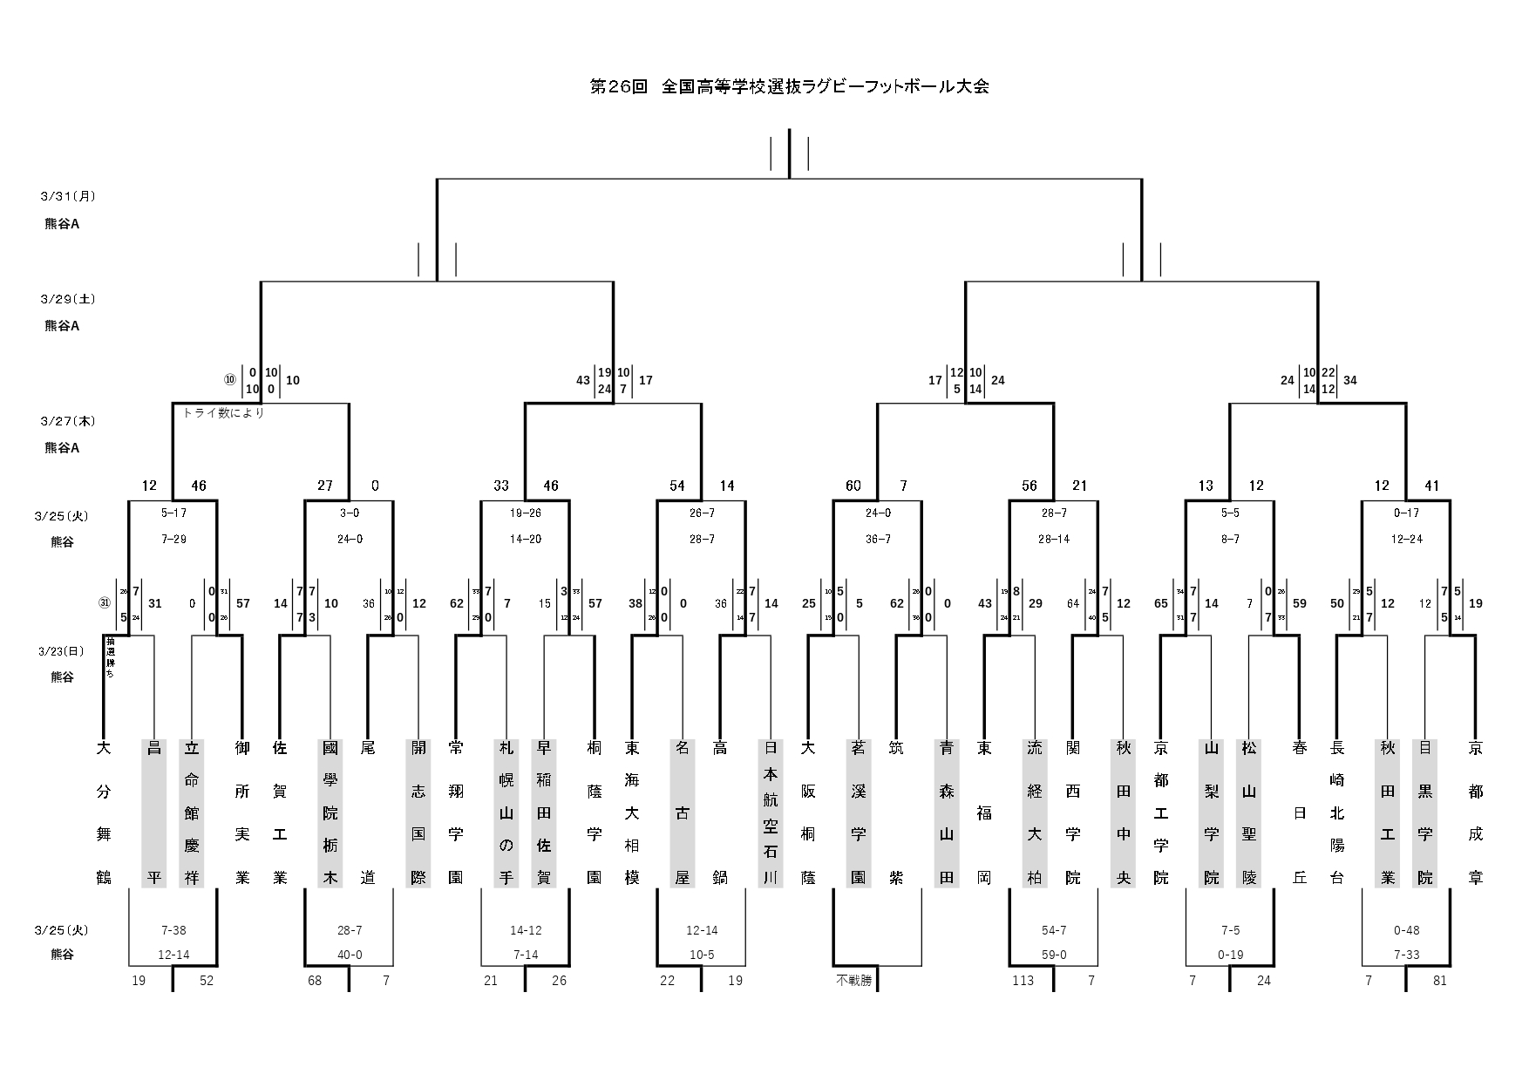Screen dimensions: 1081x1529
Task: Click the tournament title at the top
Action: point(789,87)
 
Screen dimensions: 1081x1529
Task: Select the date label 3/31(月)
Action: point(67,196)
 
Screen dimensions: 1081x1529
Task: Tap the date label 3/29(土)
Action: point(67,299)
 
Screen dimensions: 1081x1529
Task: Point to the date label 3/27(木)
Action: point(67,421)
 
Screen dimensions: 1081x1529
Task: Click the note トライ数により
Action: point(223,413)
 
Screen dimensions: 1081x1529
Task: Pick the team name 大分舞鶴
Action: point(104,812)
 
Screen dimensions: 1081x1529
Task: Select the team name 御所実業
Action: point(242,812)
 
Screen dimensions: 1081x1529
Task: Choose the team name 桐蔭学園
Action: point(594,812)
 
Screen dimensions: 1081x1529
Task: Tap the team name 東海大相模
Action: point(632,812)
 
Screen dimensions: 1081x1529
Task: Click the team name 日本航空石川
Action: point(770,812)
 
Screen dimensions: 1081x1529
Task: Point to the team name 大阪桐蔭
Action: point(808,812)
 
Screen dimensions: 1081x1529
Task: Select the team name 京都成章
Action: point(1475,812)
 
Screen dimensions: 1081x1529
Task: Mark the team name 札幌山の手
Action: point(506,812)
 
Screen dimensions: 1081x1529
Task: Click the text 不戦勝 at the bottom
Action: point(853,981)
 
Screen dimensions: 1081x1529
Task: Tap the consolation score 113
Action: point(1023,981)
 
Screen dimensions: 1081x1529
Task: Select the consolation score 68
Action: point(315,981)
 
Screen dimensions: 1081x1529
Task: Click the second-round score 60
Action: point(853,486)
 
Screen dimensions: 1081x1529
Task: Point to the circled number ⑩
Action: point(230,380)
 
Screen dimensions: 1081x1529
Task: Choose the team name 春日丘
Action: point(1300,812)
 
